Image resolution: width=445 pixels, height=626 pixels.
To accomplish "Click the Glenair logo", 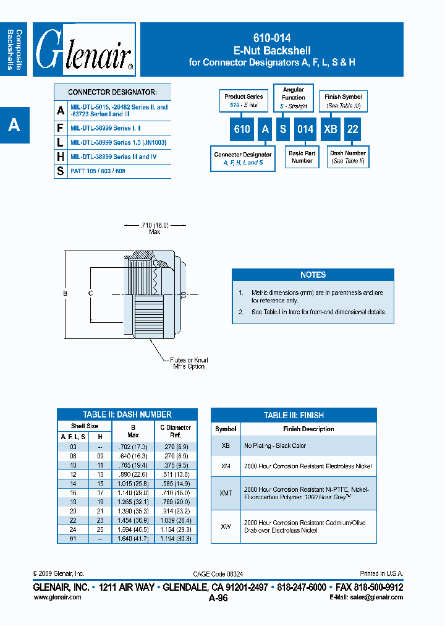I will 84,49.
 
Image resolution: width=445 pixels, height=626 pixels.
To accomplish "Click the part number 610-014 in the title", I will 272,38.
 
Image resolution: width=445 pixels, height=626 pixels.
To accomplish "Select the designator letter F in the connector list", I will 61,128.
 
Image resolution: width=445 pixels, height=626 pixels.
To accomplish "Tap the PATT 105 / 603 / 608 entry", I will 98,171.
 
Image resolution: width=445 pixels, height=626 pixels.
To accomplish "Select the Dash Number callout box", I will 347,157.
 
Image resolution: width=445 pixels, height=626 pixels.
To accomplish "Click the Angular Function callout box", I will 294,98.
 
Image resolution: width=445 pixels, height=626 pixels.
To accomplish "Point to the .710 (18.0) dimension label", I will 155,225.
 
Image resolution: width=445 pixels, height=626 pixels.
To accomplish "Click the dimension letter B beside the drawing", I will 66,293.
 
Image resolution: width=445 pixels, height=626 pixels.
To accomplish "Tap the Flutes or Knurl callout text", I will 189,363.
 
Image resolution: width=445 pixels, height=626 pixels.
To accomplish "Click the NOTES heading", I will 313,275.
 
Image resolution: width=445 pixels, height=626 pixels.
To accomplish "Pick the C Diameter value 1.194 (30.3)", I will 176,539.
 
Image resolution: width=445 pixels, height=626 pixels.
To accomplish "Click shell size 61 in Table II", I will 73,539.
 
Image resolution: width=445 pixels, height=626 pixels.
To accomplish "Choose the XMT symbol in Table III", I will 226,493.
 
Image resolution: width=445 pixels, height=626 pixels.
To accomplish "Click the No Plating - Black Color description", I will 275,445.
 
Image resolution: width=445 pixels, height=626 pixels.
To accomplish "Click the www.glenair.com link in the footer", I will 57,597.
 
